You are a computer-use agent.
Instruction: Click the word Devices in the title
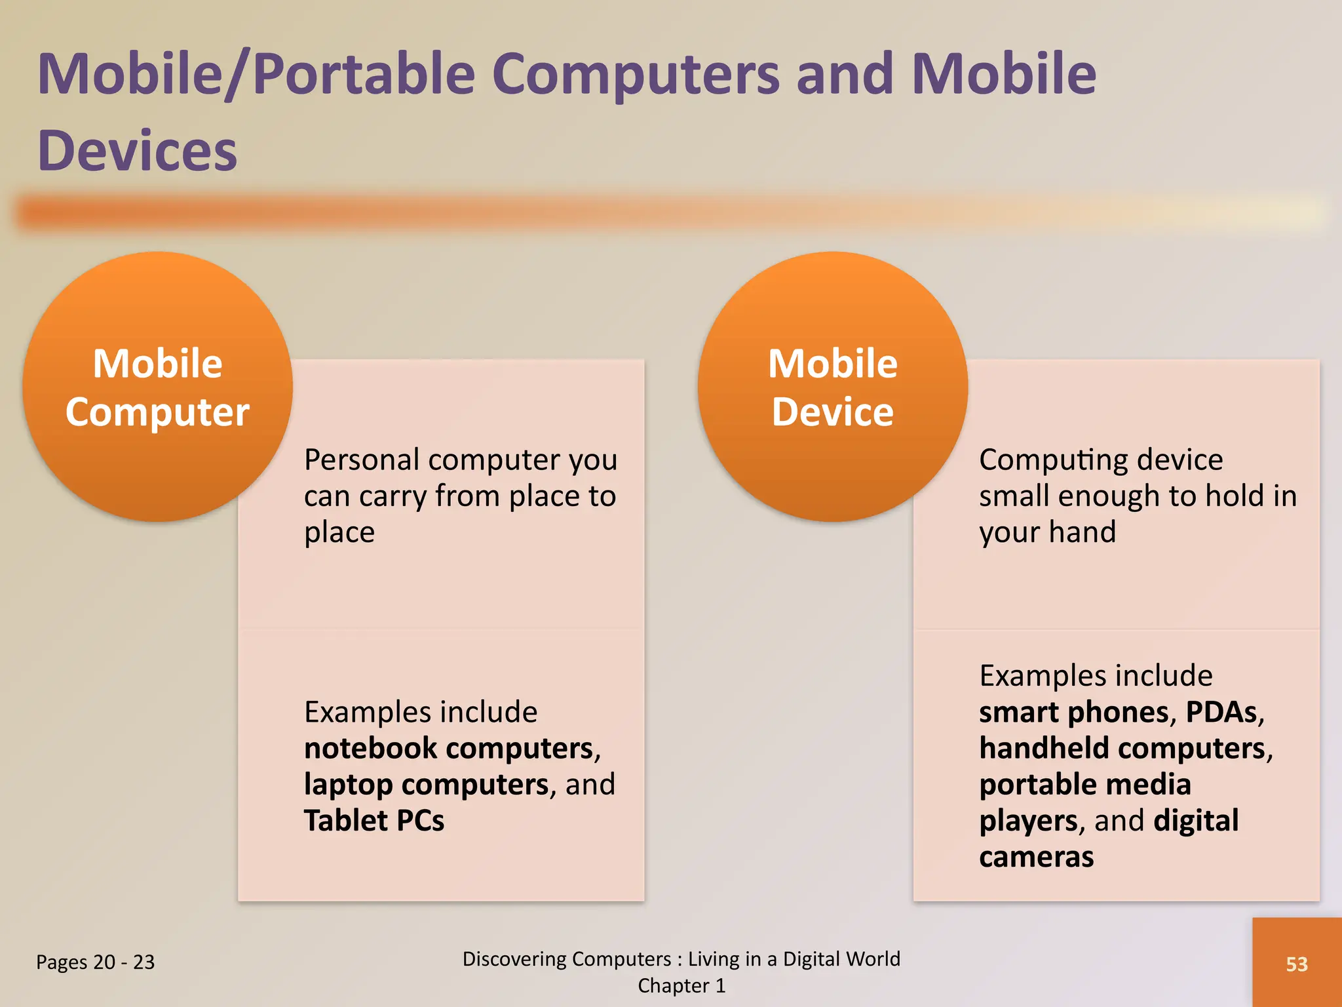coord(137,151)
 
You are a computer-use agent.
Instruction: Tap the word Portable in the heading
coord(364,73)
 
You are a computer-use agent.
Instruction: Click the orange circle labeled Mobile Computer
coord(157,387)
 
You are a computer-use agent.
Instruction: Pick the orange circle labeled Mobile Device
coord(832,387)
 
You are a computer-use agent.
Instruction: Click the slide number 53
coord(1296,964)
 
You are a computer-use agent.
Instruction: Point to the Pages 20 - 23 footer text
coord(96,962)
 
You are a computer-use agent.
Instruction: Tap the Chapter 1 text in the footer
coord(681,985)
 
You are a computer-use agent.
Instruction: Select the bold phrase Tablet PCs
coord(374,820)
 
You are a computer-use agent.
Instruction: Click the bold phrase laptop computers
coord(426,784)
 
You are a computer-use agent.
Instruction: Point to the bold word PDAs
coord(1221,712)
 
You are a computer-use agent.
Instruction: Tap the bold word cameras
coord(1036,857)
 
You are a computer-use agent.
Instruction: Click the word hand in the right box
coord(1081,532)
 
